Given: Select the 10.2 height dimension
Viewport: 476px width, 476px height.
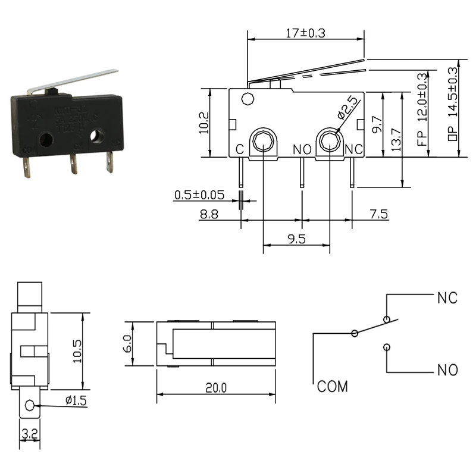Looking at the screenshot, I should coord(204,123).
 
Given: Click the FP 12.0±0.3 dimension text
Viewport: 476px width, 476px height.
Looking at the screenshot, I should coord(423,114).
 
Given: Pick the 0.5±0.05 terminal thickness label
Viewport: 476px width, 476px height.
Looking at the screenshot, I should coord(199,195).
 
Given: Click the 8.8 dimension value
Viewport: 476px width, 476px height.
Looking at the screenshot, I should coord(208,214).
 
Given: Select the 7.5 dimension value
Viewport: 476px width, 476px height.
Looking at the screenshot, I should coord(378,214).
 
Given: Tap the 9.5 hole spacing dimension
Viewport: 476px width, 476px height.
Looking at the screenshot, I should coord(296,239).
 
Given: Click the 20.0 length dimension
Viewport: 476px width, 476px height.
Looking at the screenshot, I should coord(215,388).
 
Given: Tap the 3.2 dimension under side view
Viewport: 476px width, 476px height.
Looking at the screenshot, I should coord(28,435).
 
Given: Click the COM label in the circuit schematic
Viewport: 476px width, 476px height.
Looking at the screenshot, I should coord(332,387).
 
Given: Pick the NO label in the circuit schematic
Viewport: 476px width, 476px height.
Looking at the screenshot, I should coord(447,371).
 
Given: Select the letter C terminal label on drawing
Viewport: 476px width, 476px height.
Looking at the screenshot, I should coord(239,149).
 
